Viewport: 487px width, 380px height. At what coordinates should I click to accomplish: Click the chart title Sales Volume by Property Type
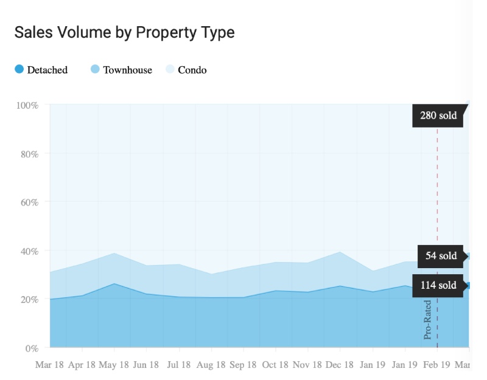(x=125, y=33)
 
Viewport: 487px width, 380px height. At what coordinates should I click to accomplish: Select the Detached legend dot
(x=19, y=69)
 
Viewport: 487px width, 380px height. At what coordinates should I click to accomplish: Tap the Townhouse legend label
(x=128, y=70)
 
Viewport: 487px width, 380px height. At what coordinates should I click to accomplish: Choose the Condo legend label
(x=192, y=70)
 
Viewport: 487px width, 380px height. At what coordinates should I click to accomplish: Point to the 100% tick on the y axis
(x=27, y=105)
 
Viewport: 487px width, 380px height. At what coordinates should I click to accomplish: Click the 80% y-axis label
(x=29, y=154)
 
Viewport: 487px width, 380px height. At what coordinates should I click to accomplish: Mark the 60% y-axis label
(x=29, y=202)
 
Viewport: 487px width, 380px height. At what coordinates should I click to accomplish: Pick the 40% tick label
(x=29, y=251)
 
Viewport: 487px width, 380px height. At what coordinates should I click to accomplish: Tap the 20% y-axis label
(x=29, y=300)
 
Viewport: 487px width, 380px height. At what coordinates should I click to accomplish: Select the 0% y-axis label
(x=32, y=348)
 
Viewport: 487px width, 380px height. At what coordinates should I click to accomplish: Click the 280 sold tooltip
(x=440, y=116)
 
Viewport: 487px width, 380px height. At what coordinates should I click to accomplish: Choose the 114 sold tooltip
(x=440, y=285)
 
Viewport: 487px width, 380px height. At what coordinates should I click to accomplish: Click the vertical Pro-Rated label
(x=428, y=320)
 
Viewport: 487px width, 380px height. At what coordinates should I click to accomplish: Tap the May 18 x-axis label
(x=114, y=364)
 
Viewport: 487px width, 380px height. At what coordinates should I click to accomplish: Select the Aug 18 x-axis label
(x=211, y=364)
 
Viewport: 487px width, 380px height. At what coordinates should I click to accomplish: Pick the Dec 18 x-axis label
(x=340, y=364)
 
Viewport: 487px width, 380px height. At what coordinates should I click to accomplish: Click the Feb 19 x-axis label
(x=436, y=364)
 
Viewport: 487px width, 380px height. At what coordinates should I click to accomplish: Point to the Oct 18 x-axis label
(x=275, y=364)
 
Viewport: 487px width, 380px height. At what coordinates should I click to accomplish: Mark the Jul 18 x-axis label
(x=178, y=364)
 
